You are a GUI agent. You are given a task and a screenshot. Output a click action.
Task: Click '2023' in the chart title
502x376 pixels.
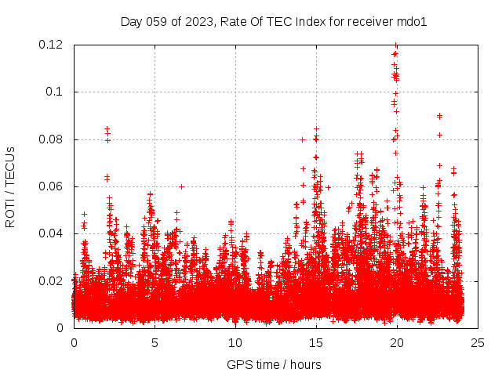199,21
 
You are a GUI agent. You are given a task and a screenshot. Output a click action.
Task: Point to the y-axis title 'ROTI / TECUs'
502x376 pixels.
10,186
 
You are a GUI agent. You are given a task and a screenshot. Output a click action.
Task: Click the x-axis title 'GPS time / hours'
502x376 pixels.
274,364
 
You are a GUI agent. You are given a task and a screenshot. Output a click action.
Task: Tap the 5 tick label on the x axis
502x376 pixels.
155,342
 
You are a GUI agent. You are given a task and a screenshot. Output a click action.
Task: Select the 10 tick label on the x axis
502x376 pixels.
235,342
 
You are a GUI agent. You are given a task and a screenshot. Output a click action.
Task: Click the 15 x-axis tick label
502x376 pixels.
316,342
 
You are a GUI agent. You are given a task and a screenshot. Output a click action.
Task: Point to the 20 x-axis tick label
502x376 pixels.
397,342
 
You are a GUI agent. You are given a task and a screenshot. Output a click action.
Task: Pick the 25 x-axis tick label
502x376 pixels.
478,342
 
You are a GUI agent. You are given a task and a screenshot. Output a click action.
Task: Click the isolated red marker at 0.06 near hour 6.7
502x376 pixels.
181,186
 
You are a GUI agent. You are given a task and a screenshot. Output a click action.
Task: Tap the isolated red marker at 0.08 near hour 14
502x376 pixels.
302,139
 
